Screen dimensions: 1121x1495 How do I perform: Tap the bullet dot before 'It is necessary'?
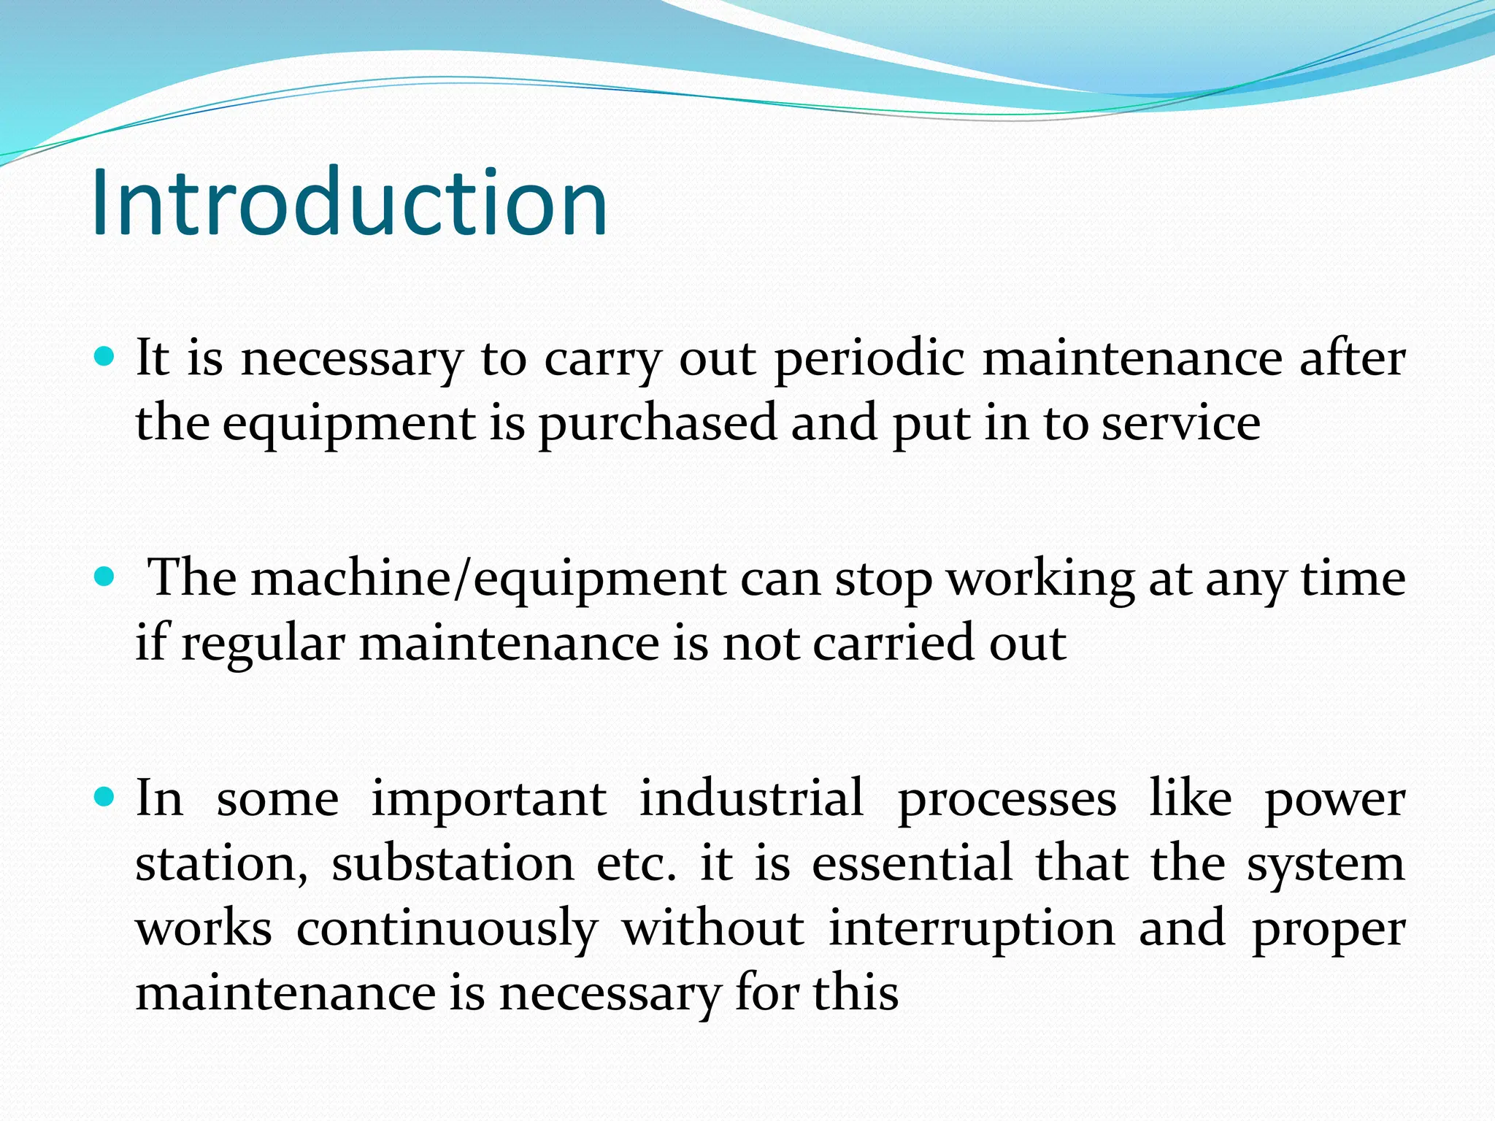[x=105, y=357]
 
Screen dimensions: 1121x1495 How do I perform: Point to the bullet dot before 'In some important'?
[x=105, y=798]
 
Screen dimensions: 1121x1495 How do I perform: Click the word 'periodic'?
[x=869, y=360]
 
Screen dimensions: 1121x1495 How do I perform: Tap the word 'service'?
[x=1180, y=423]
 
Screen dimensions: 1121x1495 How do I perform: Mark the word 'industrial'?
[x=751, y=798]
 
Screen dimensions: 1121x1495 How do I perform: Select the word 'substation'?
[x=453, y=864]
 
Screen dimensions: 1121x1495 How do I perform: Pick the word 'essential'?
[x=912, y=864]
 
